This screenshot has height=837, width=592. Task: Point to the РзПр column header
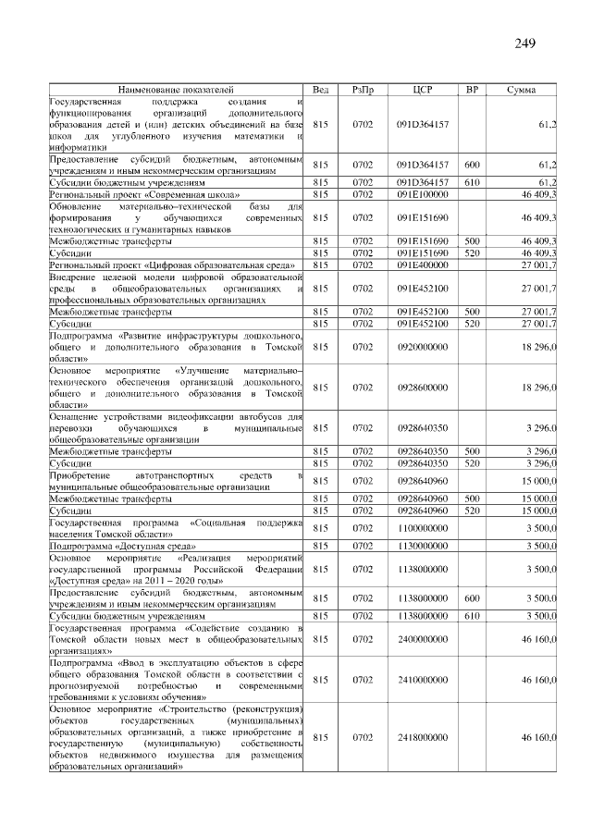click(362, 90)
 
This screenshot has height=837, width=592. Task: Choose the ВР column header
click(472, 90)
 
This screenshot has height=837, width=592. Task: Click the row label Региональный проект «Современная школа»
click(144, 195)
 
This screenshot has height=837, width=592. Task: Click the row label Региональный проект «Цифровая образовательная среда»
click(172, 266)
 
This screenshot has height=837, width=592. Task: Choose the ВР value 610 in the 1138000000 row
click(472, 615)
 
